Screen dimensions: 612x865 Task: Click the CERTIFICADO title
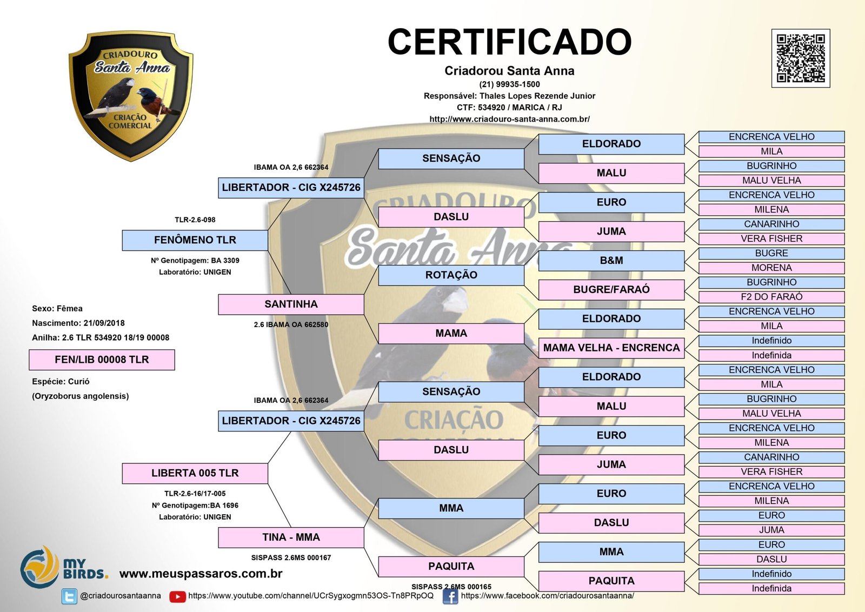point(509,42)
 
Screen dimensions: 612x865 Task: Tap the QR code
point(800,58)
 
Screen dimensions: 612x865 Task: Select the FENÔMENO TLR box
point(195,240)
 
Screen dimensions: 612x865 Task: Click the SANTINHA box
point(291,304)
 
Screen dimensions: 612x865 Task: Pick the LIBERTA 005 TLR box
point(195,473)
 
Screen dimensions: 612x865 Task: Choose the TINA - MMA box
point(291,537)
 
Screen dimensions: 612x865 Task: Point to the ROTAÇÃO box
point(451,275)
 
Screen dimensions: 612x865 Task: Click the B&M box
point(611,261)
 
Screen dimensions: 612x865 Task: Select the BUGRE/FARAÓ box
point(611,290)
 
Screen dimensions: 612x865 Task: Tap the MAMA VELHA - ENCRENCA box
point(611,348)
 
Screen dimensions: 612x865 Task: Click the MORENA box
point(771,268)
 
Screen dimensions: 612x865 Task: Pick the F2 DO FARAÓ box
point(771,297)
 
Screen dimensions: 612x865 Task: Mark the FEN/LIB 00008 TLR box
point(102,360)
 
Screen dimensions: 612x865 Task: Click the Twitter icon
point(69,596)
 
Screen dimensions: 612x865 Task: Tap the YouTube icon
point(177,596)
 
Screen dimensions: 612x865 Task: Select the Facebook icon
point(450,596)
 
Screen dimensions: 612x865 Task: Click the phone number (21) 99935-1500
point(509,84)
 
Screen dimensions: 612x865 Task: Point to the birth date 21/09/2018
point(104,323)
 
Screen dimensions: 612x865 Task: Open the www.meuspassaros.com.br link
point(201,574)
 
